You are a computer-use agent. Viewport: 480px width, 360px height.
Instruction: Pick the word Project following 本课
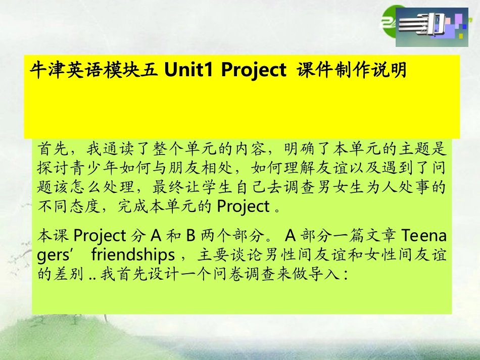pyautogui.click(x=99, y=235)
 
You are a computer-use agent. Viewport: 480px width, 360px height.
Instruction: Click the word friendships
pyautogui.click(x=133, y=254)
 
